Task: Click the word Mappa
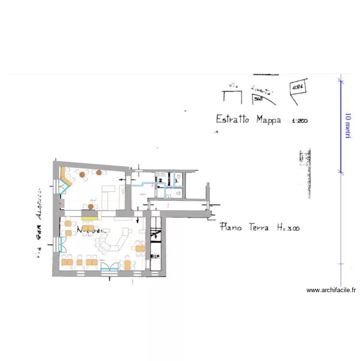(x=269, y=119)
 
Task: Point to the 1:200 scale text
(x=299, y=121)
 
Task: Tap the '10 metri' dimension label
(x=348, y=126)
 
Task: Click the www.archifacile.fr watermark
(x=331, y=290)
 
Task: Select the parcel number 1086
(x=297, y=87)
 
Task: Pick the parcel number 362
(x=258, y=99)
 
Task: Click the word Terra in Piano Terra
(x=258, y=227)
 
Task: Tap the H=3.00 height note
(x=288, y=228)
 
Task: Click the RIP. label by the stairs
(x=155, y=256)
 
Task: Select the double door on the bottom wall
(x=109, y=266)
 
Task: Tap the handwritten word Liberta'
(x=262, y=90)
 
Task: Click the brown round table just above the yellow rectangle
(x=90, y=207)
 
